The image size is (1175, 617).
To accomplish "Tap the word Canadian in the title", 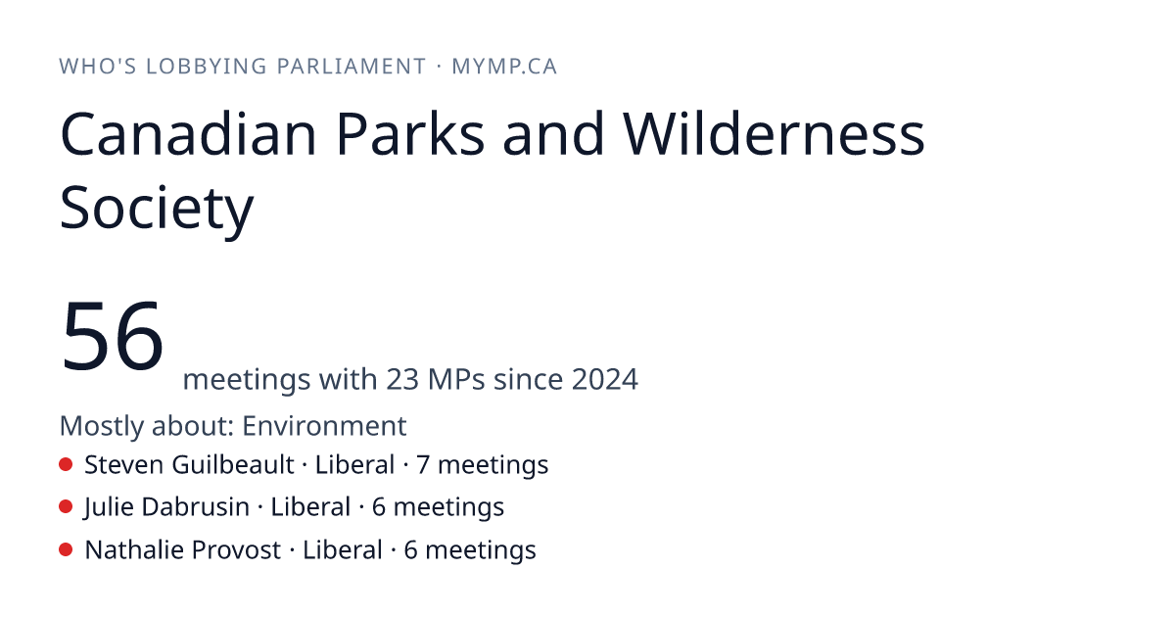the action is click(188, 134).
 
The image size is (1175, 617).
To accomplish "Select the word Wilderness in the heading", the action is click(774, 134).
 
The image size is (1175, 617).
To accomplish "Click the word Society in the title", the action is click(157, 209).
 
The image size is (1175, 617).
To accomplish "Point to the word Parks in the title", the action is click(410, 134).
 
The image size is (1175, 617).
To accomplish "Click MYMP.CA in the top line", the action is click(504, 67).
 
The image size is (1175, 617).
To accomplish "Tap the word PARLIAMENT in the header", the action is click(351, 67).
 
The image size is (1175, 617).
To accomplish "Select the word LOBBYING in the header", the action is click(207, 67).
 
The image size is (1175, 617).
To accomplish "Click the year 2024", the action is click(605, 379).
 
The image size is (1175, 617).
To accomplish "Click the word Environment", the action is click(324, 425).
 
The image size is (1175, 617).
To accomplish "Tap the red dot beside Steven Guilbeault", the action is click(66, 464).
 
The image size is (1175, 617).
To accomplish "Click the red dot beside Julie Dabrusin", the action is click(66, 507).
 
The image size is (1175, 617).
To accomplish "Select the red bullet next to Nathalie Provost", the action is click(66, 549).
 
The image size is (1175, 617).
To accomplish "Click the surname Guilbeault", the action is click(233, 465).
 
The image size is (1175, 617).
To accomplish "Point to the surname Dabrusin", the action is click(195, 507).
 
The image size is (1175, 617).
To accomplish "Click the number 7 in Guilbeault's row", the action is click(423, 465).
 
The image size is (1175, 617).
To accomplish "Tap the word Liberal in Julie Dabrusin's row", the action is click(310, 507).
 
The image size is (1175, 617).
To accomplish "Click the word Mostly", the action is click(101, 426).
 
